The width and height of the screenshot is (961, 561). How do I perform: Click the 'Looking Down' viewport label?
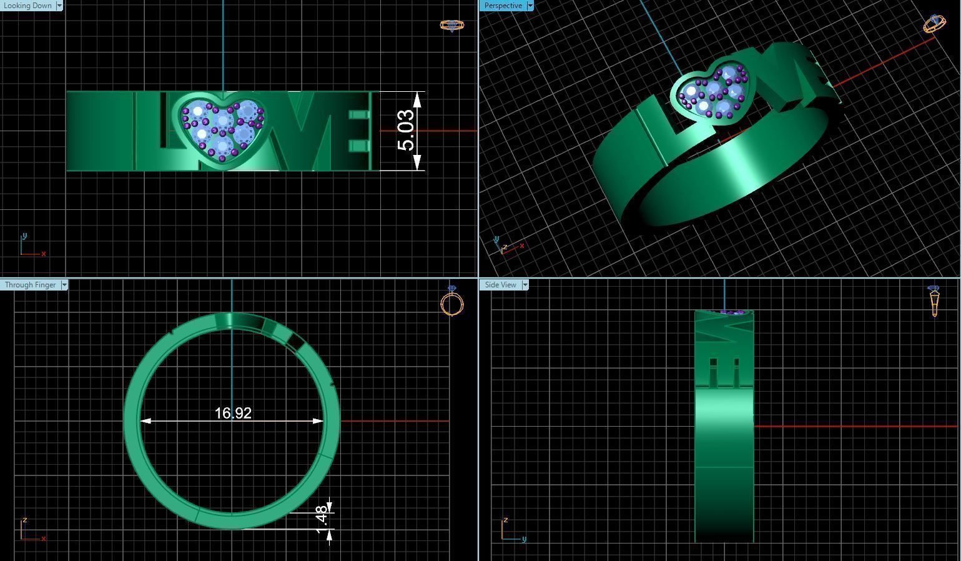pos(27,6)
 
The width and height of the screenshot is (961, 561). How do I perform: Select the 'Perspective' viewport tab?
pos(503,6)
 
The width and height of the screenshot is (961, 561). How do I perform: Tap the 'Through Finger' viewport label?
pos(30,285)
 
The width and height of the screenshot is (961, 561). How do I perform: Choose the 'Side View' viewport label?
pos(500,285)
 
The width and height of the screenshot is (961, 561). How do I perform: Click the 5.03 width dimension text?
pos(406,130)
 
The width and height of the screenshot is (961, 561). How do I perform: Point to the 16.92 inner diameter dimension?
pos(232,413)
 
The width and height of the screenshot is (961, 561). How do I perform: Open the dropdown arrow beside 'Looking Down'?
pos(59,6)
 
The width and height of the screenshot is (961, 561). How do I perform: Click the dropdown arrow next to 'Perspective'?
pos(530,6)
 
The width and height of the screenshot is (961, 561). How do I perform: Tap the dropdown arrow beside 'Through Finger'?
pos(64,285)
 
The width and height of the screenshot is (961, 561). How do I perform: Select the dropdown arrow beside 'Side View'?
pos(525,285)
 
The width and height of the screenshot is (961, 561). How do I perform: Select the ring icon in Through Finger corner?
pos(452,301)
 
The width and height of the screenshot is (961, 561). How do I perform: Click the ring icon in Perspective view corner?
pos(934,24)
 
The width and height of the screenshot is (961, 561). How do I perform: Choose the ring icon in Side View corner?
pos(934,300)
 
